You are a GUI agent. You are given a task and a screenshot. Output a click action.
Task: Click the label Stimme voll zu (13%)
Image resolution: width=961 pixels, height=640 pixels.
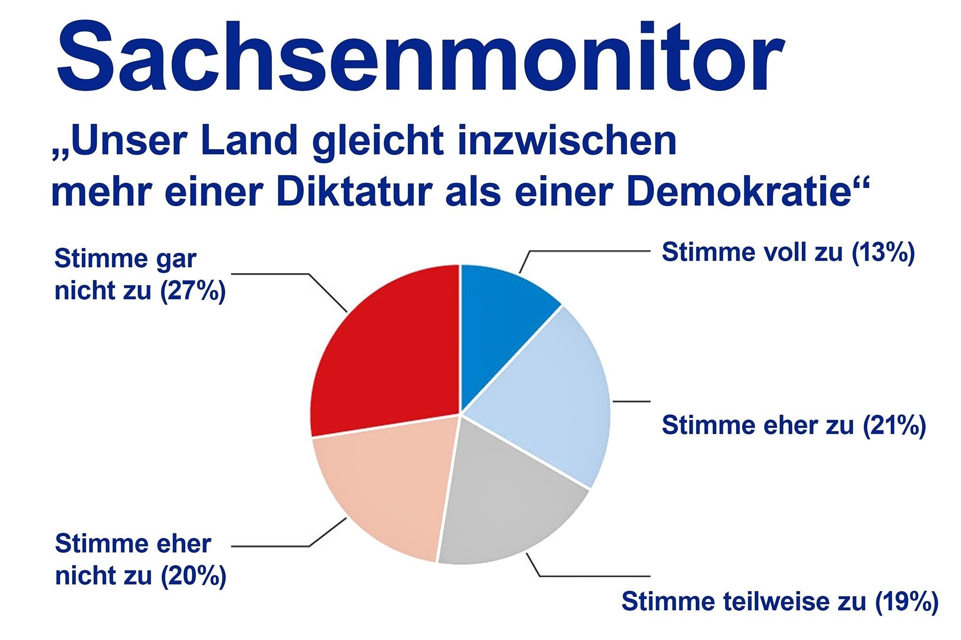[788, 253]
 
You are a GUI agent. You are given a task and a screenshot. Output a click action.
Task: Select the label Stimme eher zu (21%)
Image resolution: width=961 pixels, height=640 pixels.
[794, 425]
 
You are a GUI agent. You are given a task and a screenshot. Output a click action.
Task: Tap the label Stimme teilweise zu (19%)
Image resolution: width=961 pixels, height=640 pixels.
[780, 601]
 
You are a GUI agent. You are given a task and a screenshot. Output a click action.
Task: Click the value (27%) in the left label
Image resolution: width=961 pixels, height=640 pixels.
[193, 291]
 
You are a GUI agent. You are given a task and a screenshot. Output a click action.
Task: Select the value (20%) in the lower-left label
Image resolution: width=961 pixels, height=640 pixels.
[193, 576]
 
